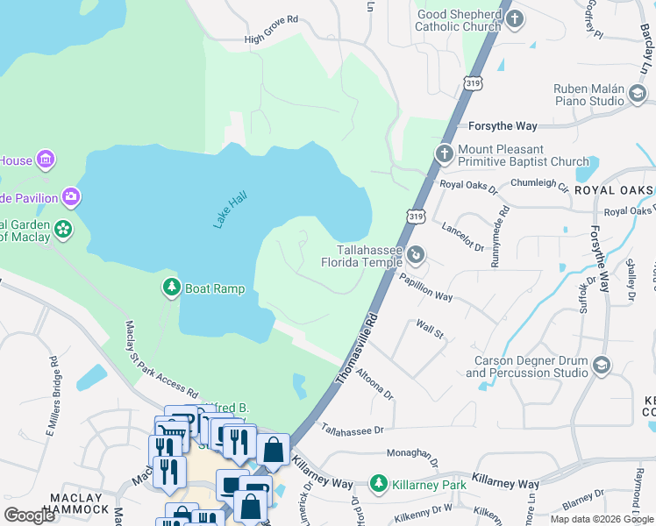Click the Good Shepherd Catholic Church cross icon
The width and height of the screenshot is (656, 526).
(x=516, y=18)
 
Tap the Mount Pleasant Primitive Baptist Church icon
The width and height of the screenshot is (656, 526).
(x=445, y=154)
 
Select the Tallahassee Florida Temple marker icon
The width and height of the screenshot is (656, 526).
(x=417, y=255)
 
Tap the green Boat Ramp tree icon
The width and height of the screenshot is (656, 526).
(x=172, y=287)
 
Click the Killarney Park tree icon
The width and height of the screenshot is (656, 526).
(x=379, y=483)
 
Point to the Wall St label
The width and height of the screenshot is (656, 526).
(x=431, y=330)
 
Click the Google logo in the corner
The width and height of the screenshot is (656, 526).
(x=30, y=515)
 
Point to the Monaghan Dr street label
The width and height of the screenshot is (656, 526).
(x=413, y=454)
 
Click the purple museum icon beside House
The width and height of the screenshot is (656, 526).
(x=46, y=160)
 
